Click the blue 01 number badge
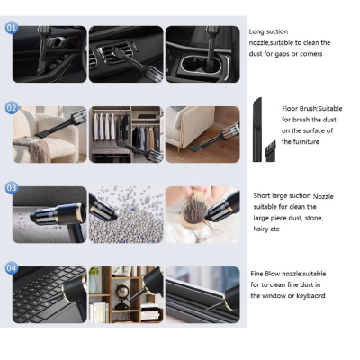pos(12,28)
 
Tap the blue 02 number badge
pos(12,108)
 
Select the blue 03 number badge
pos(12,188)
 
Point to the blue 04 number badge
pos(12,267)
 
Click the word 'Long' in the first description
pos(256,31)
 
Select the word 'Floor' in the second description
pos(289,109)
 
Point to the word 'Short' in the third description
pos(262,195)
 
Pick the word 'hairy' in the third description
pos(261,229)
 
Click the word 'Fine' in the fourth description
pos(256,274)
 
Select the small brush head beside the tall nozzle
pos(270,151)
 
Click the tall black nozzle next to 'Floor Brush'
pos(257,130)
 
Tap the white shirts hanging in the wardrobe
pos(103,127)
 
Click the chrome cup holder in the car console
pos(202,64)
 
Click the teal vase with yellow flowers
pos(94,281)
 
